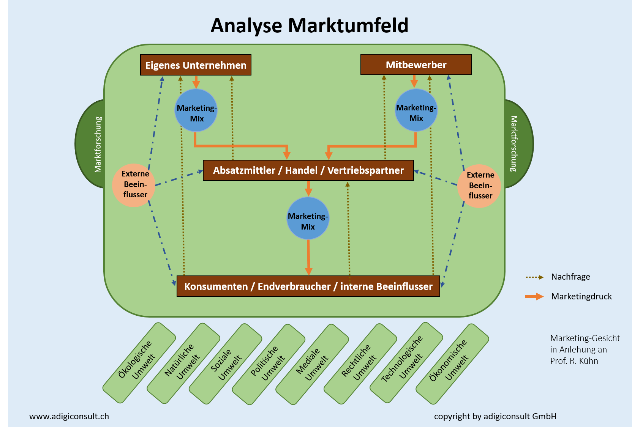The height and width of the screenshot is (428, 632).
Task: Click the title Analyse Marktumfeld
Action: tap(309, 26)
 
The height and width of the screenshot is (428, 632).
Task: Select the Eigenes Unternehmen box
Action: tap(196, 65)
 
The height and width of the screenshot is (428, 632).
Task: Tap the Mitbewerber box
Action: tap(416, 65)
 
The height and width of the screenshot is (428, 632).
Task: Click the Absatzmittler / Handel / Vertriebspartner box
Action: tap(308, 170)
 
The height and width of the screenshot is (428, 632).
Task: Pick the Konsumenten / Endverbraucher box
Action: tap(308, 286)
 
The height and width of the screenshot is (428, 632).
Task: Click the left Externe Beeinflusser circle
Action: tap(134, 185)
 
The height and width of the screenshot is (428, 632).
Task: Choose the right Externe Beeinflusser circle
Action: tap(479, 186)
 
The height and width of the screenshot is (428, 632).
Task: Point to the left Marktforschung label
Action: tap(98, 144)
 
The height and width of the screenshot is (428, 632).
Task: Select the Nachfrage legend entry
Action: tap(570, 277)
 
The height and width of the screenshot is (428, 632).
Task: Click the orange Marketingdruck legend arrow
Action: tap(534, 297)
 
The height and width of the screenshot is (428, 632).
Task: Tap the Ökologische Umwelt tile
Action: tap(139, 362)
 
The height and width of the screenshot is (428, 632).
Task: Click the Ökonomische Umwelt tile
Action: tap(452, 363)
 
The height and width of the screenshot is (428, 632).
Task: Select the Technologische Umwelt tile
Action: tap(406, 362)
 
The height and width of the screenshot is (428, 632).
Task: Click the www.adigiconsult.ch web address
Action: tap(69, 416)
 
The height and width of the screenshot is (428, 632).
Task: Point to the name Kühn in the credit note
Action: tap(589, 361)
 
